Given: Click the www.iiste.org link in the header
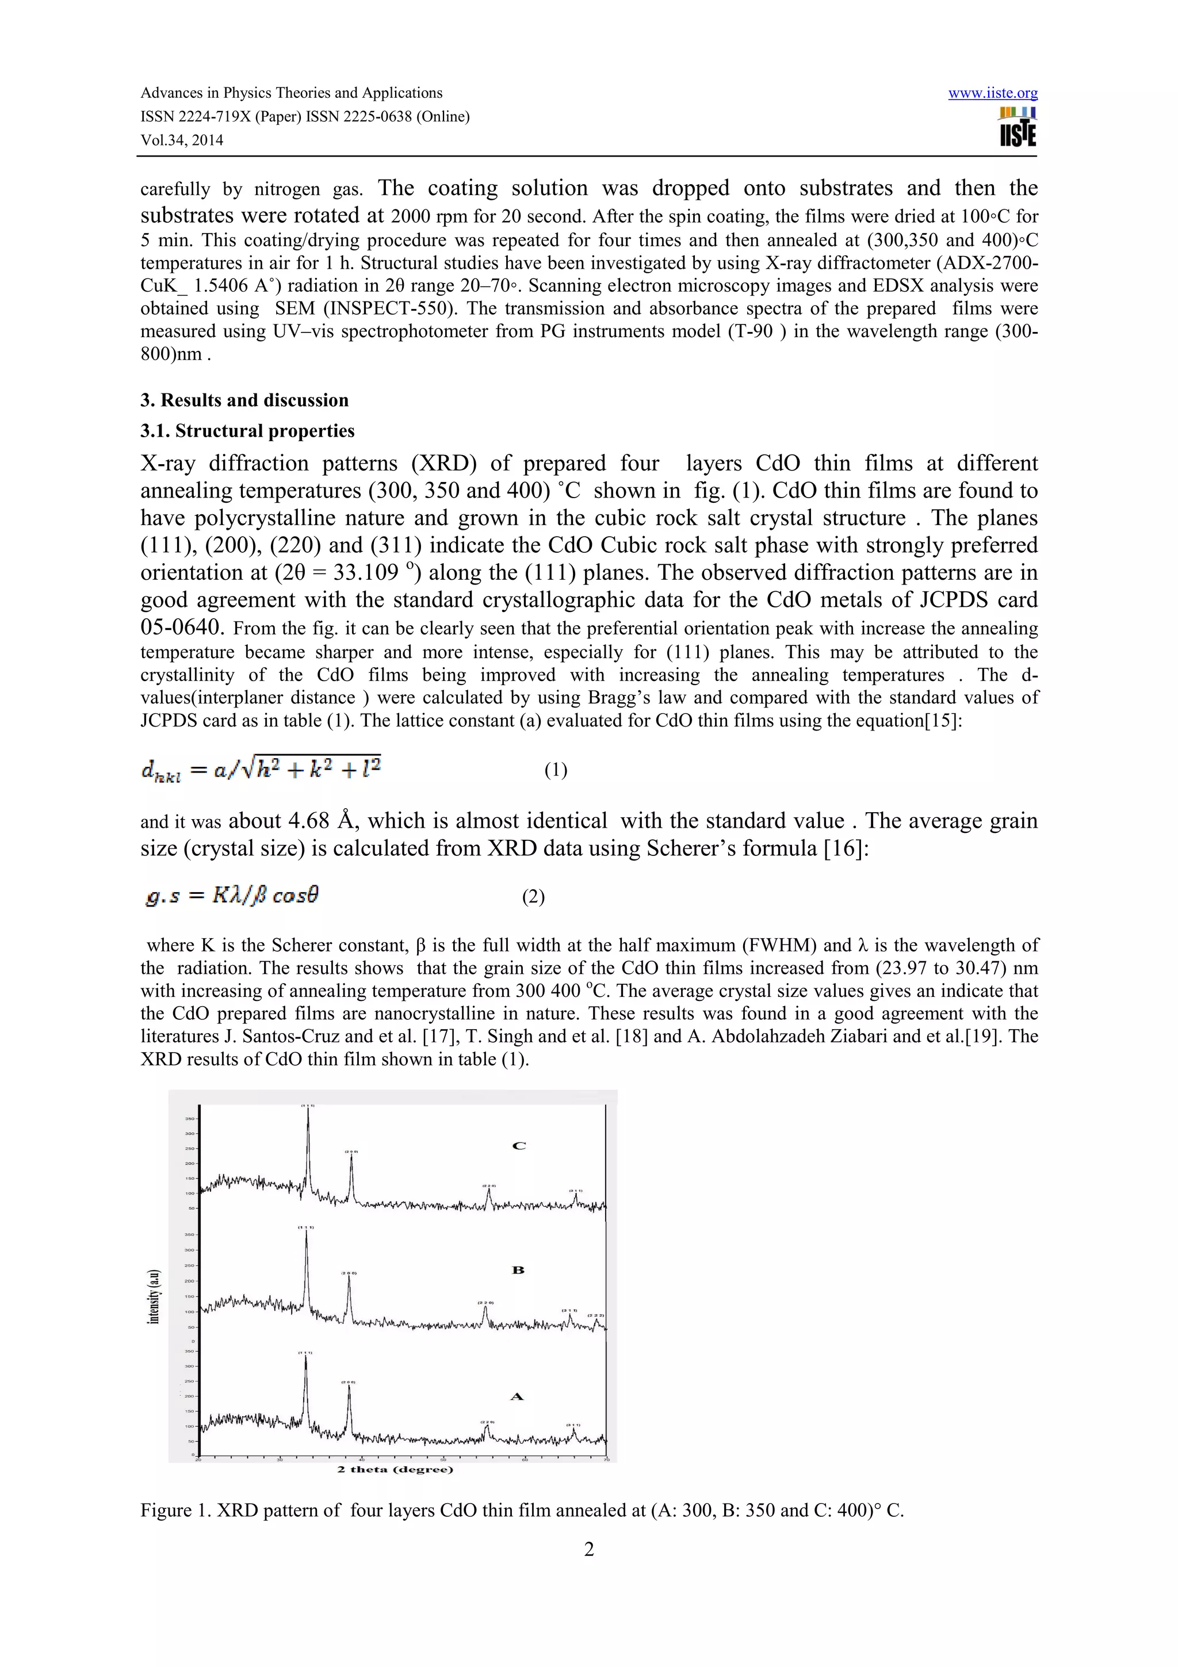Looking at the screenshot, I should pyautogui.click(x=992, y=94).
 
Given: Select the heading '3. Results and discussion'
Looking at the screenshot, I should pyautogui.click(x=244, y=400).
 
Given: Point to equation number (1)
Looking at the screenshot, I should pyautogui.click(x=555, y=770).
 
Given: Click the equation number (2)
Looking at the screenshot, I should pyautogui.click(x=533, y=897).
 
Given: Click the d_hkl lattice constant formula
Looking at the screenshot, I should pyautogui.click(x=261, y=768).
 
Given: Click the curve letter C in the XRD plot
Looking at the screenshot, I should pyautogui.click(x=518, y=1146).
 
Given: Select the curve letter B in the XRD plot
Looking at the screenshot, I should pyautogui.click(x=518, y=1270).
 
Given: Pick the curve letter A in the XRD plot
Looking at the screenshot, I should pyautogui.click(x=517, y=1396).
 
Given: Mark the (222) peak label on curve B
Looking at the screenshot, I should pyautogui.click(x=596, y=1316).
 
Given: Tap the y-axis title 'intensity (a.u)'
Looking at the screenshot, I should pyautogui.click(x=153, y=1297).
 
